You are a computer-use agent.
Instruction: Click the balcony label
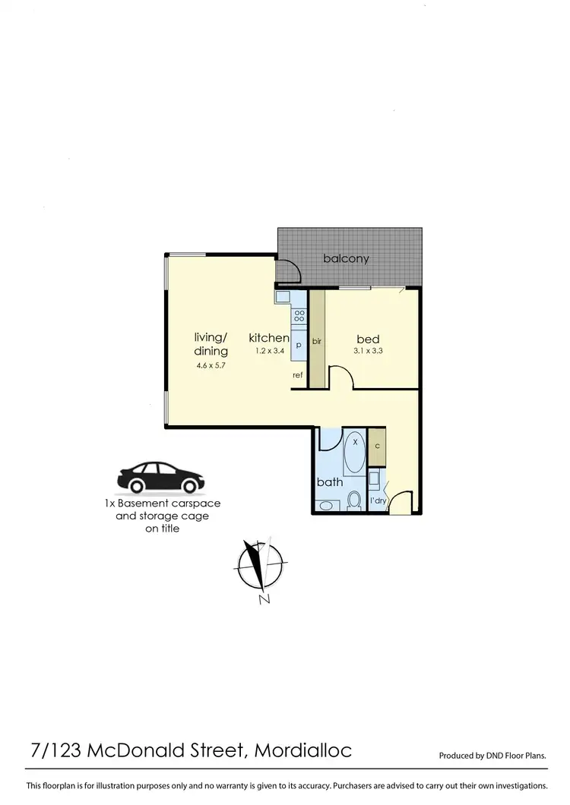coord(346,258)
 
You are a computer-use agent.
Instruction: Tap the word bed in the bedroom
coord(369,339)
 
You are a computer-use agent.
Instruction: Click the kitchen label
coord(269,338)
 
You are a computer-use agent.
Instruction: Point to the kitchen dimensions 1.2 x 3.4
coord(269,351)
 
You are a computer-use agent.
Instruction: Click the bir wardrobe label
coord(316,342)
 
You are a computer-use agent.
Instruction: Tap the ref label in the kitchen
coord(299,374)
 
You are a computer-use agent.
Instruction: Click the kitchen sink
coord(282,297)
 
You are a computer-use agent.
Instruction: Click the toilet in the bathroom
coord(353,500)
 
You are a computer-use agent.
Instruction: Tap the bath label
coord(330,481)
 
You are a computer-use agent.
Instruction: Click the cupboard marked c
coord(377,446)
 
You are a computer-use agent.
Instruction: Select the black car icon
coord(160,477)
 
